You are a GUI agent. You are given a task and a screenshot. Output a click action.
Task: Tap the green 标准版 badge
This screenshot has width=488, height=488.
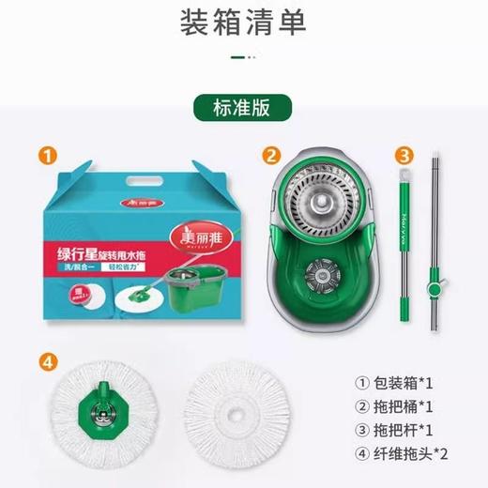coord(243,107)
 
